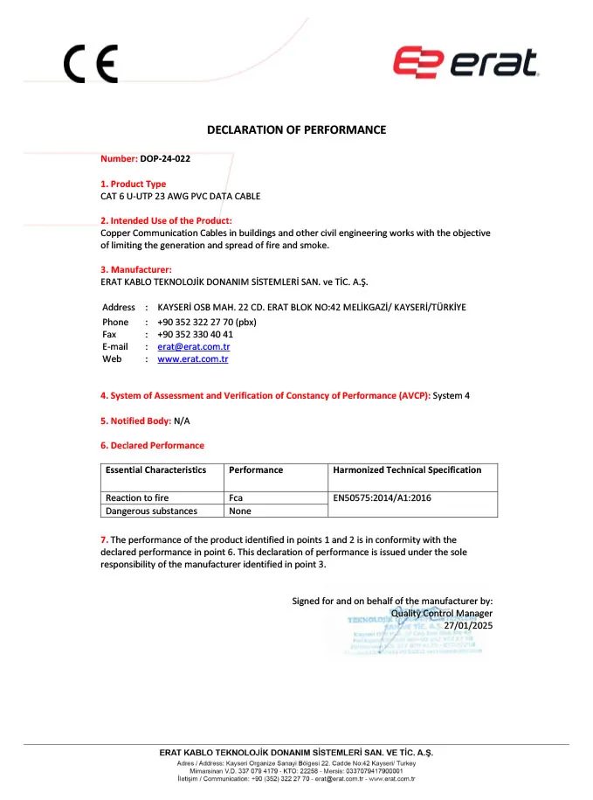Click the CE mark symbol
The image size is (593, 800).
click(90, 65)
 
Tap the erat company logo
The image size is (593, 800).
click(465, 62)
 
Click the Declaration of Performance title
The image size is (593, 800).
click(296, 130)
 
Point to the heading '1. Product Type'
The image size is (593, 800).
click(133, 184)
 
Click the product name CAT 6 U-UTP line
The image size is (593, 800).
click(180, 196)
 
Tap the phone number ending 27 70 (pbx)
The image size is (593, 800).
click(207, 322)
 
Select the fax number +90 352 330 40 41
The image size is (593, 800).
click(195, 334)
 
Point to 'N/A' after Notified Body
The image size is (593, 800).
click(182, 421)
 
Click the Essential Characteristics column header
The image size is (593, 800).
click(155, 470)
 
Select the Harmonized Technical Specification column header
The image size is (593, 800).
click(407, 470)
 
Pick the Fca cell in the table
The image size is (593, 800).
click(236, 497)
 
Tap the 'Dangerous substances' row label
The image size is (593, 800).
click(151, 511)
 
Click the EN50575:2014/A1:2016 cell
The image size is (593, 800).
click(383, 497)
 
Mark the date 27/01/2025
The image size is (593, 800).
click(468, 625)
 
